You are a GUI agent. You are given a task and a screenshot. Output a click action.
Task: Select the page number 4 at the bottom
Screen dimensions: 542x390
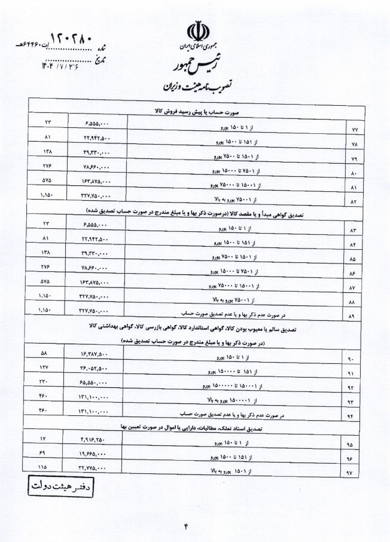click(186, 525)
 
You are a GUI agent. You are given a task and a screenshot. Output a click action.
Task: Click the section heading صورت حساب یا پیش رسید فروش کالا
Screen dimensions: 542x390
click(195, 112)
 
